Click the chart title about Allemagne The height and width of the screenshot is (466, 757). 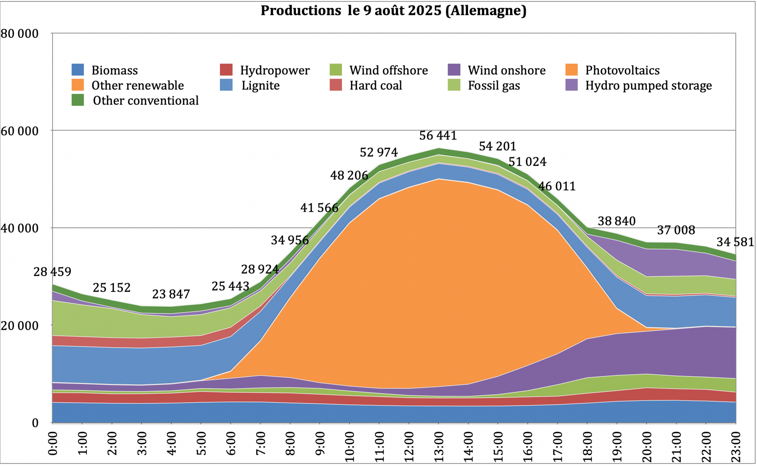(393, 11)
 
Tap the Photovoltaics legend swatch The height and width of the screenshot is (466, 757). (572, 70)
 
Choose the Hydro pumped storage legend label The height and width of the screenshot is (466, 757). (648, 85)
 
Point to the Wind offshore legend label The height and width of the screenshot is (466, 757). (388, 70)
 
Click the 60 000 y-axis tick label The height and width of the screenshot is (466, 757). (20, 131)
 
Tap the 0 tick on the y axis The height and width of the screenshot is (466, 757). (35, 423)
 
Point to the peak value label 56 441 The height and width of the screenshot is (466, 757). (438, 136)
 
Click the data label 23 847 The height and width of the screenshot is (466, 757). (171, 294)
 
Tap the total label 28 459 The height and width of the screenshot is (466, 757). (52, 272)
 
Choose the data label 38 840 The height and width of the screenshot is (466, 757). (616, 221)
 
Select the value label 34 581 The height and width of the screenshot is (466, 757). (735, 242)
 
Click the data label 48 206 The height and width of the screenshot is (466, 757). (349, 175)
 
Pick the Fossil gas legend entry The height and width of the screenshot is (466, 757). (494, 85)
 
